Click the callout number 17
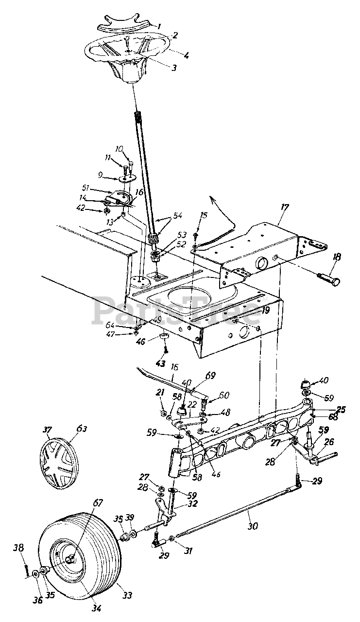point(284,207)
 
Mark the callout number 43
point(160,363)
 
